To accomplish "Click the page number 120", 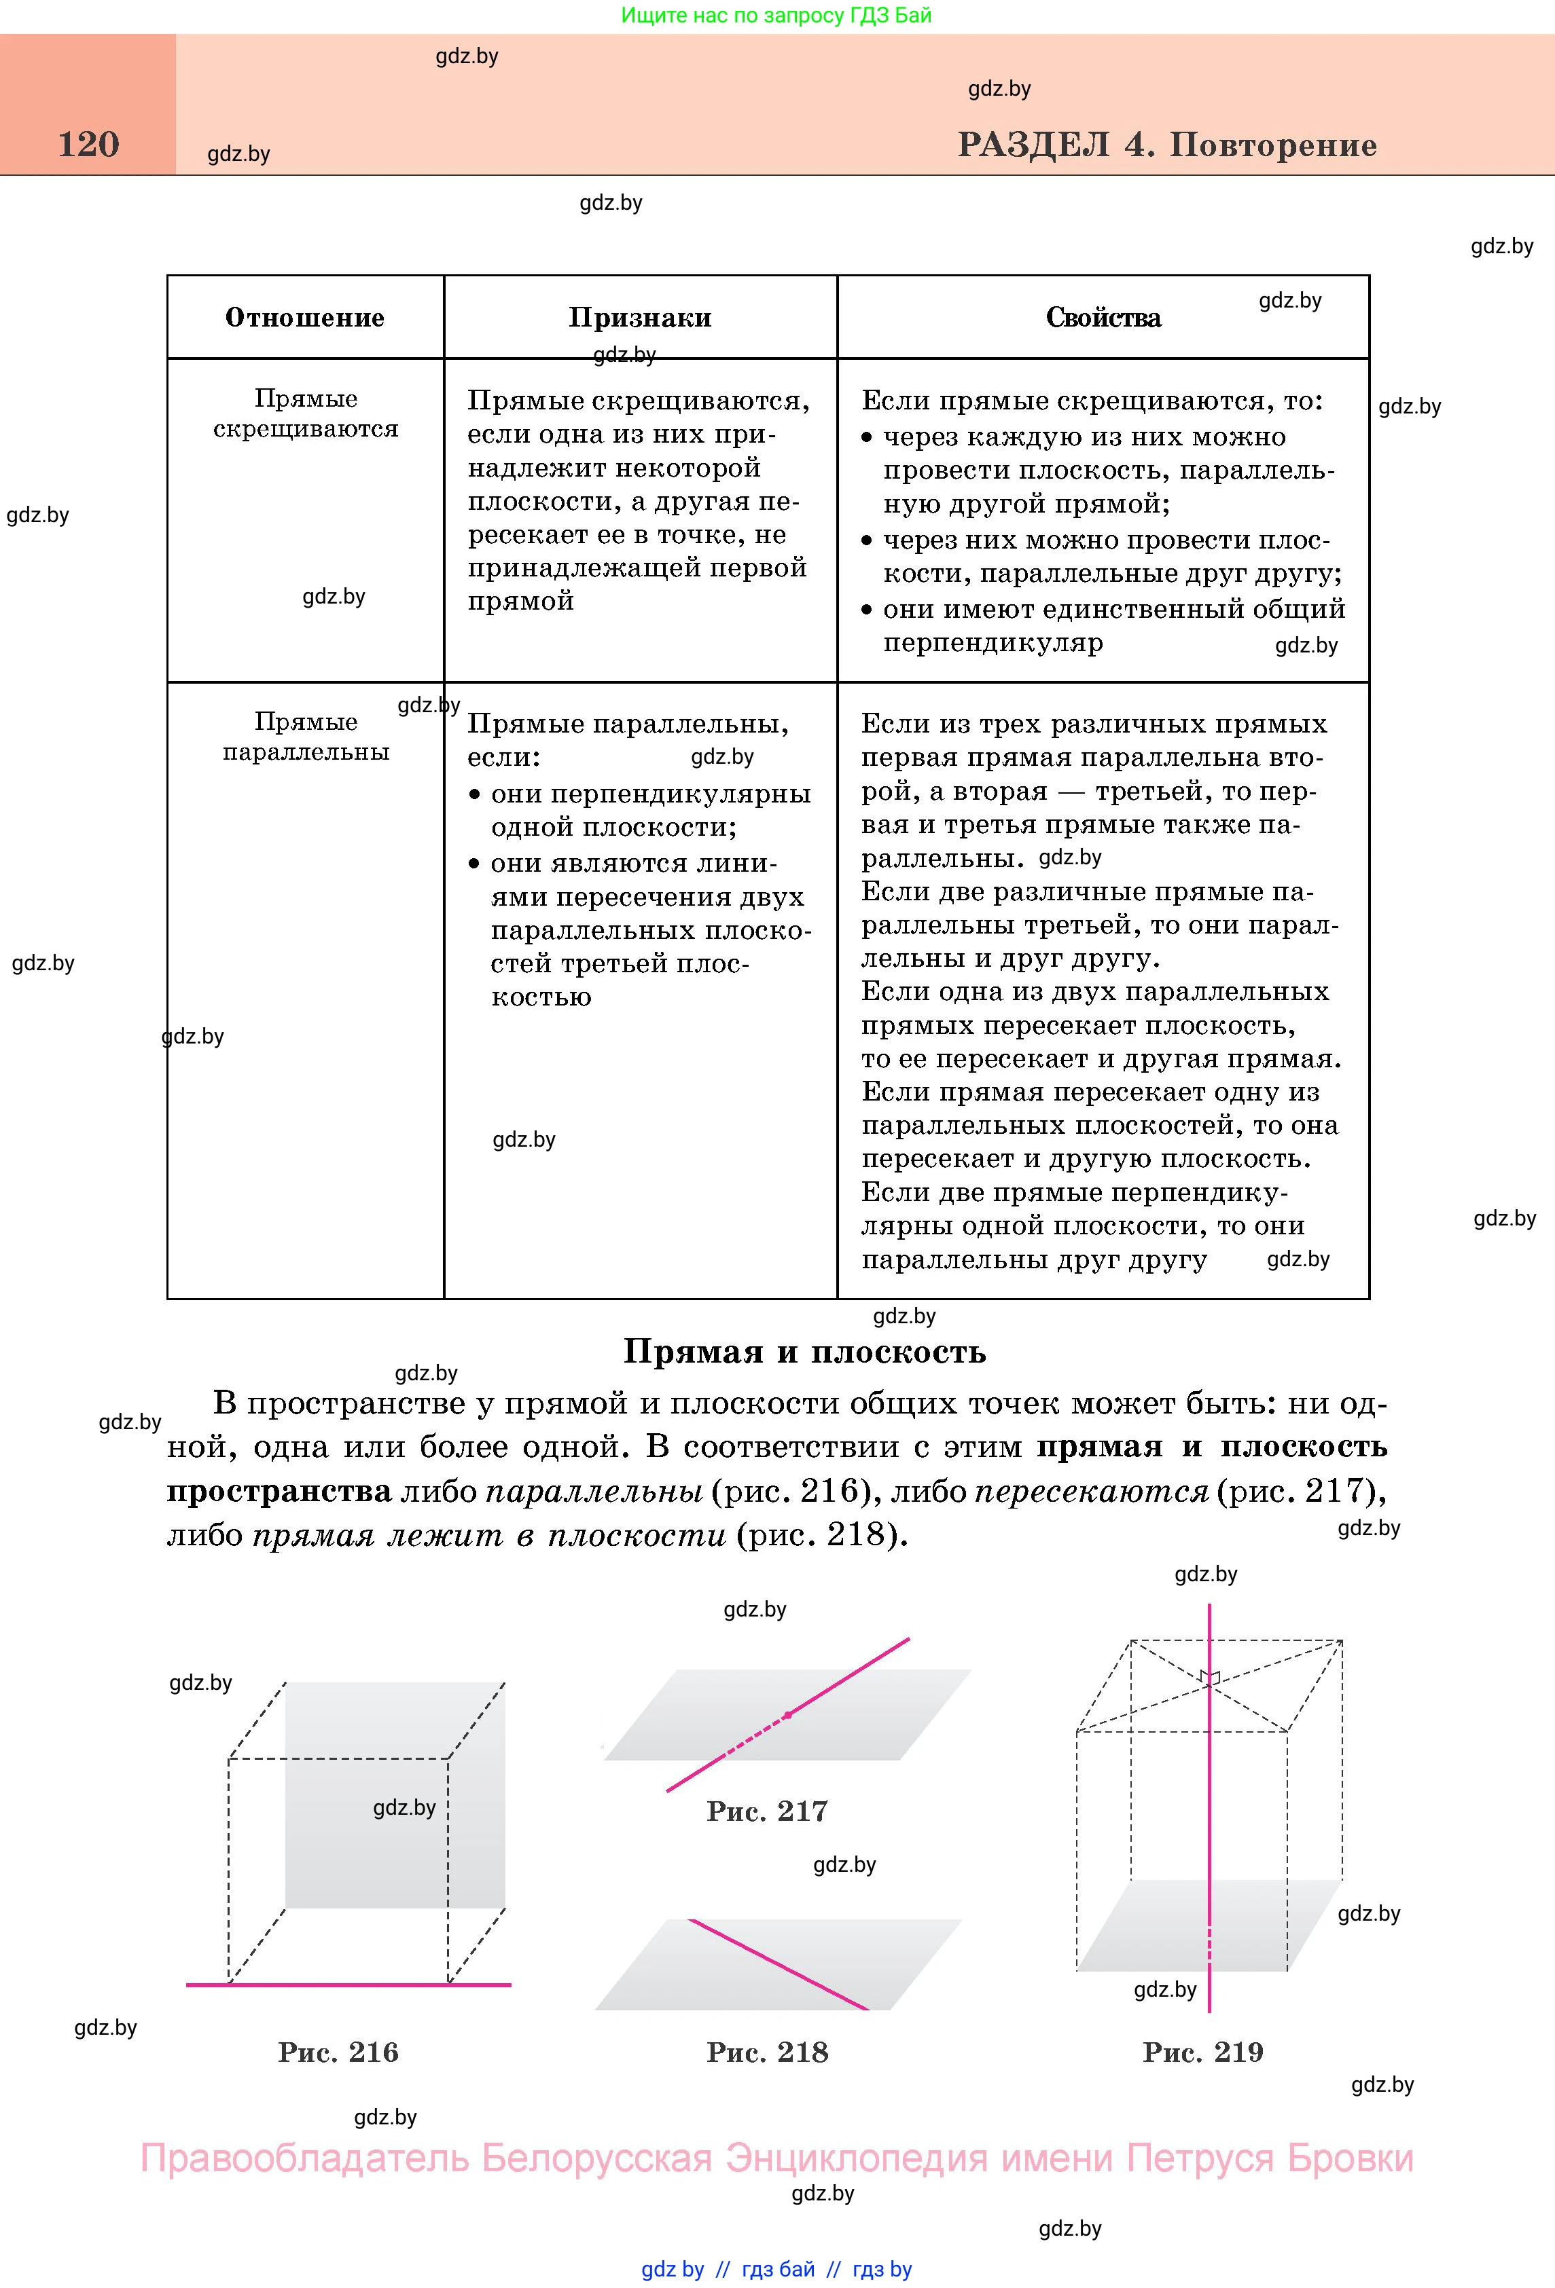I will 88,145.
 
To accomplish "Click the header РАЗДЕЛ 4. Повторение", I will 1167,146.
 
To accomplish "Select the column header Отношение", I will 305,318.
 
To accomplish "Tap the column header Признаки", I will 640,318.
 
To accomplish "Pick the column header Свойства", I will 1103,318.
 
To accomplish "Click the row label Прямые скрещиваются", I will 305,413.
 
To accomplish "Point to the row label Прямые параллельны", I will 305,737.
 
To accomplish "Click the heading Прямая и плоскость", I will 804,1352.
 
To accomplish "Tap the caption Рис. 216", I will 338,2052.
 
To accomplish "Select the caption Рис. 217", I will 767,1811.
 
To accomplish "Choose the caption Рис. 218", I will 767,2052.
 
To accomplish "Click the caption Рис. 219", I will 1202,2052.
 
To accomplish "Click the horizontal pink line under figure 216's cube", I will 348,1985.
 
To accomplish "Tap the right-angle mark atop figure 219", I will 1211,1676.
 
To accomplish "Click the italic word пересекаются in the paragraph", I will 1091,1492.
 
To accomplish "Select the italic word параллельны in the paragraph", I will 594,1492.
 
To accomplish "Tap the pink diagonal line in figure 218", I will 778,1964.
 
